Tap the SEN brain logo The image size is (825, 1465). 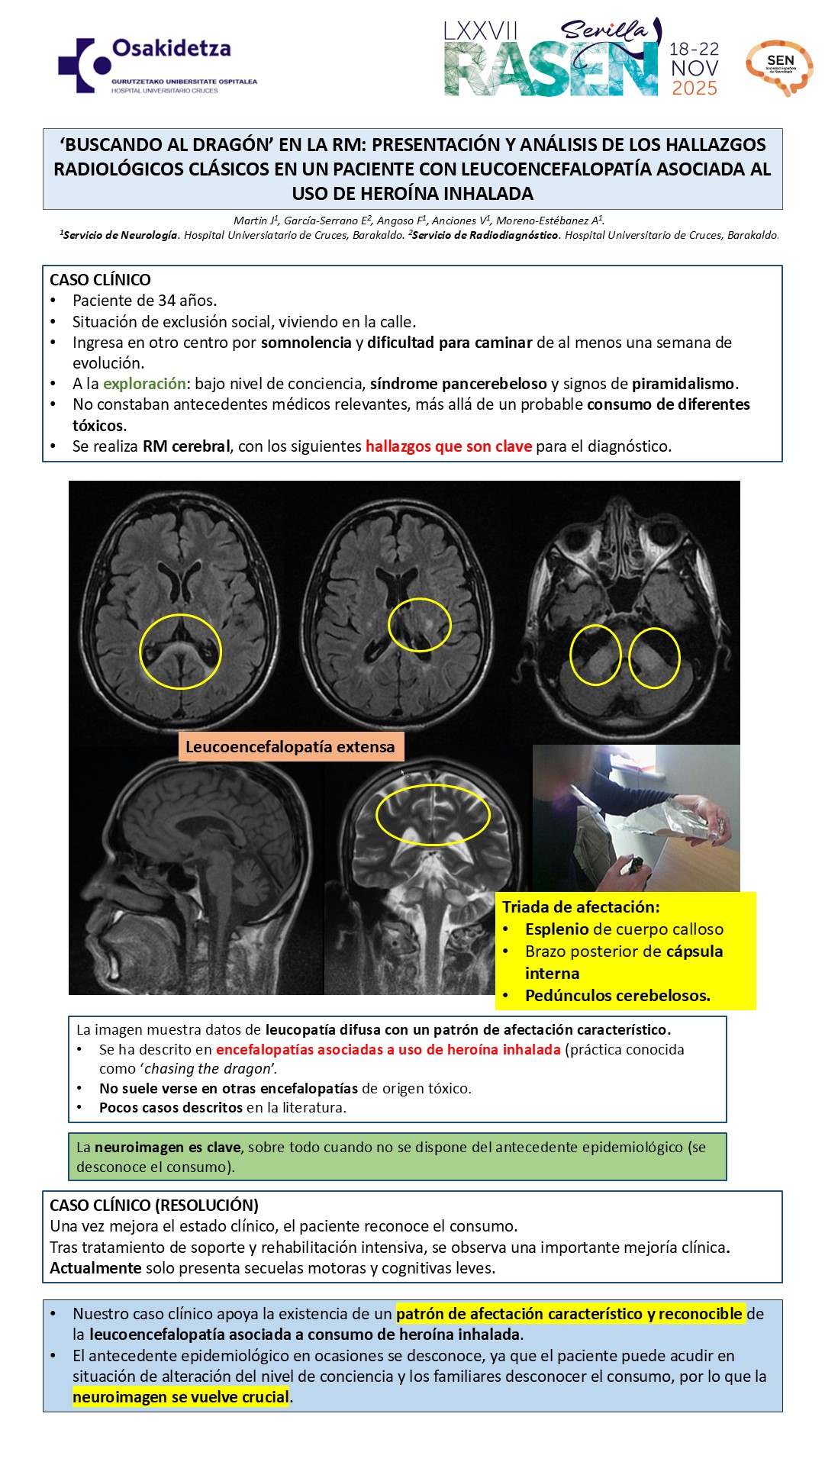pos(779,67)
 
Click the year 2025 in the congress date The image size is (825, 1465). pos(694,89)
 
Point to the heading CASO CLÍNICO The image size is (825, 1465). pos(100,280)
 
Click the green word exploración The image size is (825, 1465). pos(144,384)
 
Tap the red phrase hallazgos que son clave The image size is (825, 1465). pos(448,446)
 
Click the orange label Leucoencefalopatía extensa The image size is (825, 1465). pos(290,747)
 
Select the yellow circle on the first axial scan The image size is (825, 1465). pos(180,652)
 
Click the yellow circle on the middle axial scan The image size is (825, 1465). pos(419,625)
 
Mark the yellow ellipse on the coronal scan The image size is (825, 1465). pos(433,815)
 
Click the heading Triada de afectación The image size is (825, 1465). pos(580,907)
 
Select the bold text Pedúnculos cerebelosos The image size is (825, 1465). pos(617,996)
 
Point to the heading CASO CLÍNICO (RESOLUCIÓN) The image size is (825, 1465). pos(154,1206)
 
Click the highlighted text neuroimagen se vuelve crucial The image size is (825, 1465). pos(181,1397)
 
